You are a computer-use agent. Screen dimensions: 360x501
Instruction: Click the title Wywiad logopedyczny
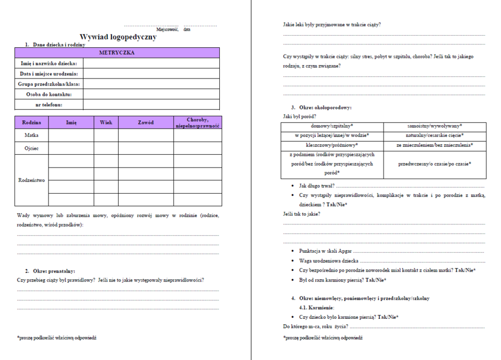coord(118,37)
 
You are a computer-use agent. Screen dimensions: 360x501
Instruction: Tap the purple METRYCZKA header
coord(117,53)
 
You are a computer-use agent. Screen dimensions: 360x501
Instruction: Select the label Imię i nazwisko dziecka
coord(49,63)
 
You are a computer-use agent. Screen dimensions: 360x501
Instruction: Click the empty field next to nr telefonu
coord(151,105)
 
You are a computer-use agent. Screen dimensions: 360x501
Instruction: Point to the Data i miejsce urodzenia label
coord(49,73)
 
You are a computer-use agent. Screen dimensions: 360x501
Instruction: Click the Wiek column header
coord(106,122)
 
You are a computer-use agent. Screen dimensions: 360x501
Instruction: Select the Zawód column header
coord(145,122)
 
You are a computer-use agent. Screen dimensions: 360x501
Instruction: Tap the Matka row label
coord(32,135)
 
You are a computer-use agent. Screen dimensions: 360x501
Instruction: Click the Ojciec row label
coord(32,149)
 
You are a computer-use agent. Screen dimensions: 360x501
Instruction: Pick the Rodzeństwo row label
coord(32,180)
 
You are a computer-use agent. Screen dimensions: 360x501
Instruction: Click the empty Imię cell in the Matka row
coord(71,135)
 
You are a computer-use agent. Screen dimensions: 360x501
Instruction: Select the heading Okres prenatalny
coord(54,271)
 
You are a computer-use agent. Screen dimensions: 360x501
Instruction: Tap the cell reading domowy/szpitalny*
coord(332,126)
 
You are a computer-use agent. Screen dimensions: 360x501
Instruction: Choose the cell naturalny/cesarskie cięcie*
coord(435,135)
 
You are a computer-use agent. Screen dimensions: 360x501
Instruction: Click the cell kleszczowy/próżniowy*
coord(332,145)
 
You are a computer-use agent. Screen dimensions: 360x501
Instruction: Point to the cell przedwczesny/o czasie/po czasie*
coord(435,164)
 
